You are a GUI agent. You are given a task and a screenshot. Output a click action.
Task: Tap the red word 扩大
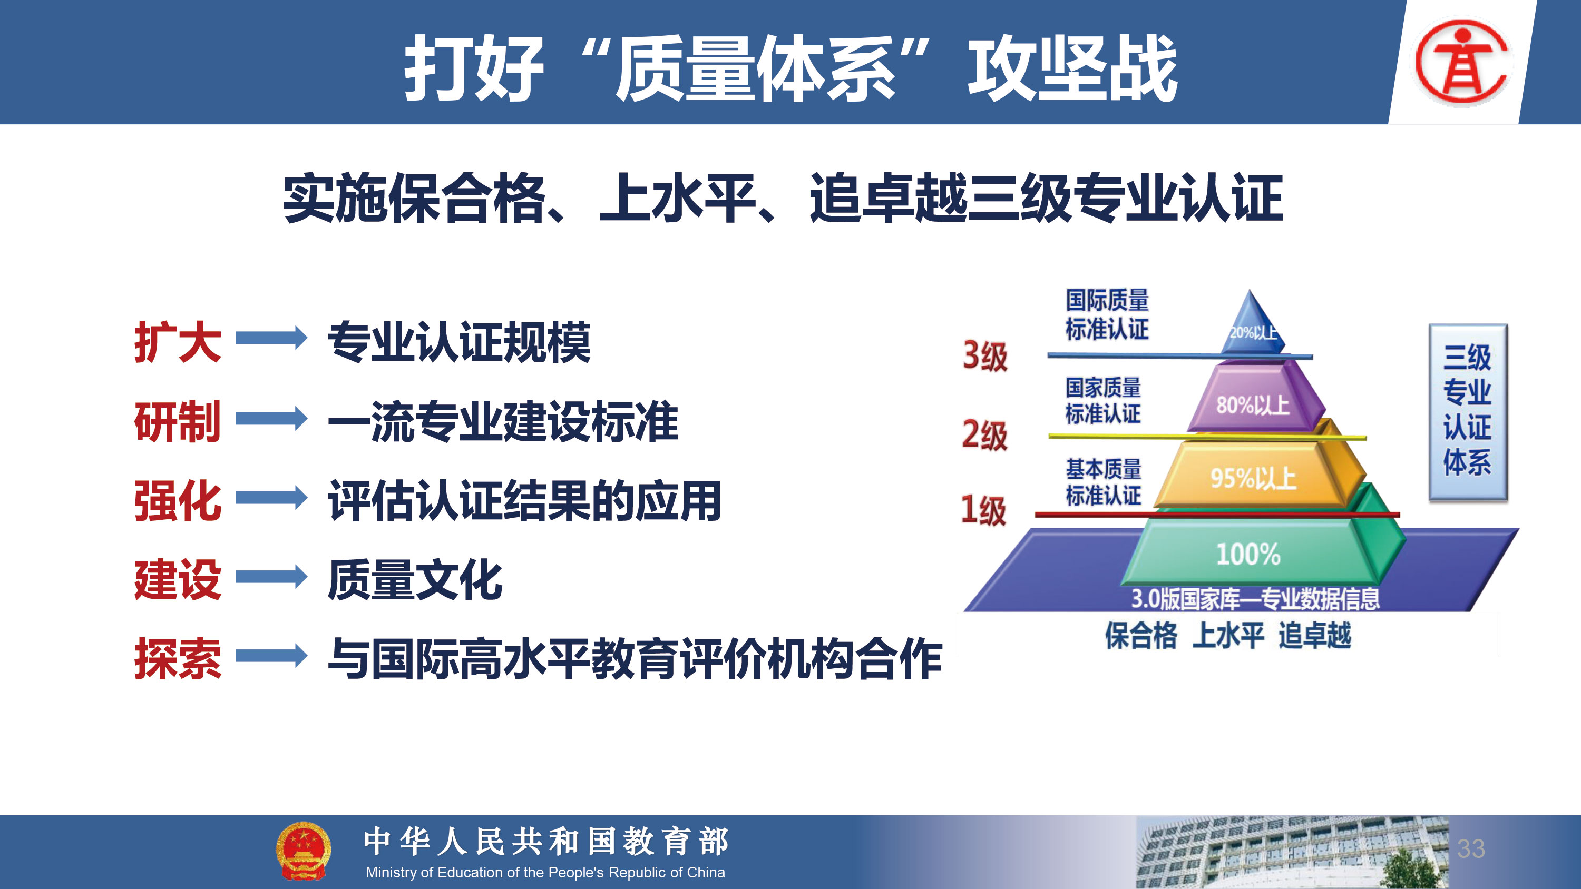(178, 342)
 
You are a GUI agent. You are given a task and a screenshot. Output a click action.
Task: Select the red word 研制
(178, 421)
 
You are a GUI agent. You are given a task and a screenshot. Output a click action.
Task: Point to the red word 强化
(178, 501)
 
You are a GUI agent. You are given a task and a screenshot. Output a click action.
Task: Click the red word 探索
(178, 658)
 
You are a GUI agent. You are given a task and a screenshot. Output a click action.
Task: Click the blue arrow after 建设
(271, 577)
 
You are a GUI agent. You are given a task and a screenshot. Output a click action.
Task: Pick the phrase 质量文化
(415, 580)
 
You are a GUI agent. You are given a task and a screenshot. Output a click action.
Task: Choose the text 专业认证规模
(459, 342)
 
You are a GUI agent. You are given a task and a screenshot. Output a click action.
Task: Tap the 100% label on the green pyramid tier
(1248, 554)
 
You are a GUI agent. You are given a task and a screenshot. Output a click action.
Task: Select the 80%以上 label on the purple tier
(1253, 405)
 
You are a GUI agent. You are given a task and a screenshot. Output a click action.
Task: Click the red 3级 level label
(985, 355)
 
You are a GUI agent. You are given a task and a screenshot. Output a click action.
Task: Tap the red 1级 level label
(983, 510)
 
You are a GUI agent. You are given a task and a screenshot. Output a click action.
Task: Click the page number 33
(1471, 848)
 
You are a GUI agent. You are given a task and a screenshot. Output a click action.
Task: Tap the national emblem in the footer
(303, 851)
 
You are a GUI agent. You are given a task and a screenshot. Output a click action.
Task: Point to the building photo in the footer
(1292, 852)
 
